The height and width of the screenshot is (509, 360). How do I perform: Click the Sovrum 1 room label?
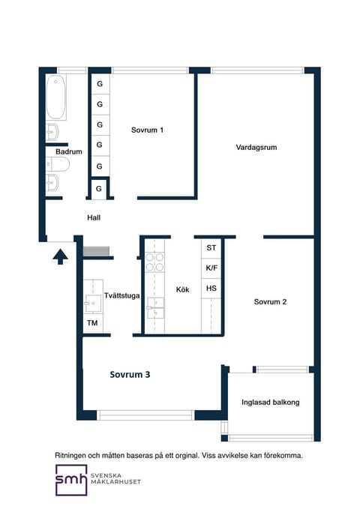[147, 130]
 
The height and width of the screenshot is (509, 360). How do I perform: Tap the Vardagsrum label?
[256, 148]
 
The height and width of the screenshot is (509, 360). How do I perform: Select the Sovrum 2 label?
[270, 302]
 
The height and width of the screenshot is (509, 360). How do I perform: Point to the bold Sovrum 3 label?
[130, 375]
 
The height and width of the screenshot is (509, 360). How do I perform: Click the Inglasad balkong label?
[270, 403]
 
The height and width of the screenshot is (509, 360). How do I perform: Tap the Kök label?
[182, 289]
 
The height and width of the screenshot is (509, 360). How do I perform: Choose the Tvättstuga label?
[121, 295]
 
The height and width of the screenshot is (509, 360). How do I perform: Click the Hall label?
[94, 218]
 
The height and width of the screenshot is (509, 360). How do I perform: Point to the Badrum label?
[68, 151]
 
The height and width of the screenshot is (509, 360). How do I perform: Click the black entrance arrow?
[61, 257]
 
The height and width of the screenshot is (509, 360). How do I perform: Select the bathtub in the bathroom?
[56, 97]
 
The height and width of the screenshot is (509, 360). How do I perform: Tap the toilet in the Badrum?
[58, 165]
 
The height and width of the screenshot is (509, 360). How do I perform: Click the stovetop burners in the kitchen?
[154, 262]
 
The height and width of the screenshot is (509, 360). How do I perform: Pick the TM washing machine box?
[93, 323]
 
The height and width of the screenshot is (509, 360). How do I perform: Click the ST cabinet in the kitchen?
[211, 248]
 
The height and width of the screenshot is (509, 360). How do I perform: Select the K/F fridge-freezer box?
[211, 268]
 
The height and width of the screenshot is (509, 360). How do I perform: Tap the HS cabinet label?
[211, 289]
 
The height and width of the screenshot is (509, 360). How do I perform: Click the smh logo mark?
[71, 480]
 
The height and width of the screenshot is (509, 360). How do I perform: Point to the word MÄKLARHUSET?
[115, 482]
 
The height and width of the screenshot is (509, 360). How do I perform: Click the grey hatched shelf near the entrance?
[96, 251]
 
